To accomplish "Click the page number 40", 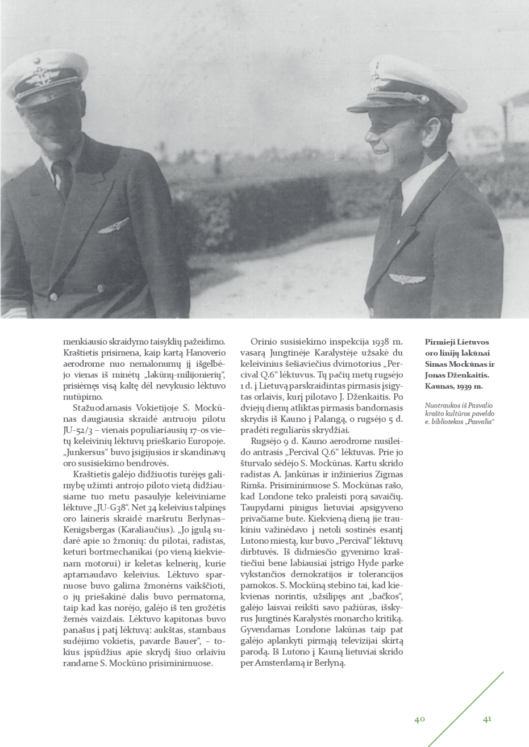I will point(419,719).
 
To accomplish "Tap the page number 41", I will point(487,719).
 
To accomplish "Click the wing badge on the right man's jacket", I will point(407,279).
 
